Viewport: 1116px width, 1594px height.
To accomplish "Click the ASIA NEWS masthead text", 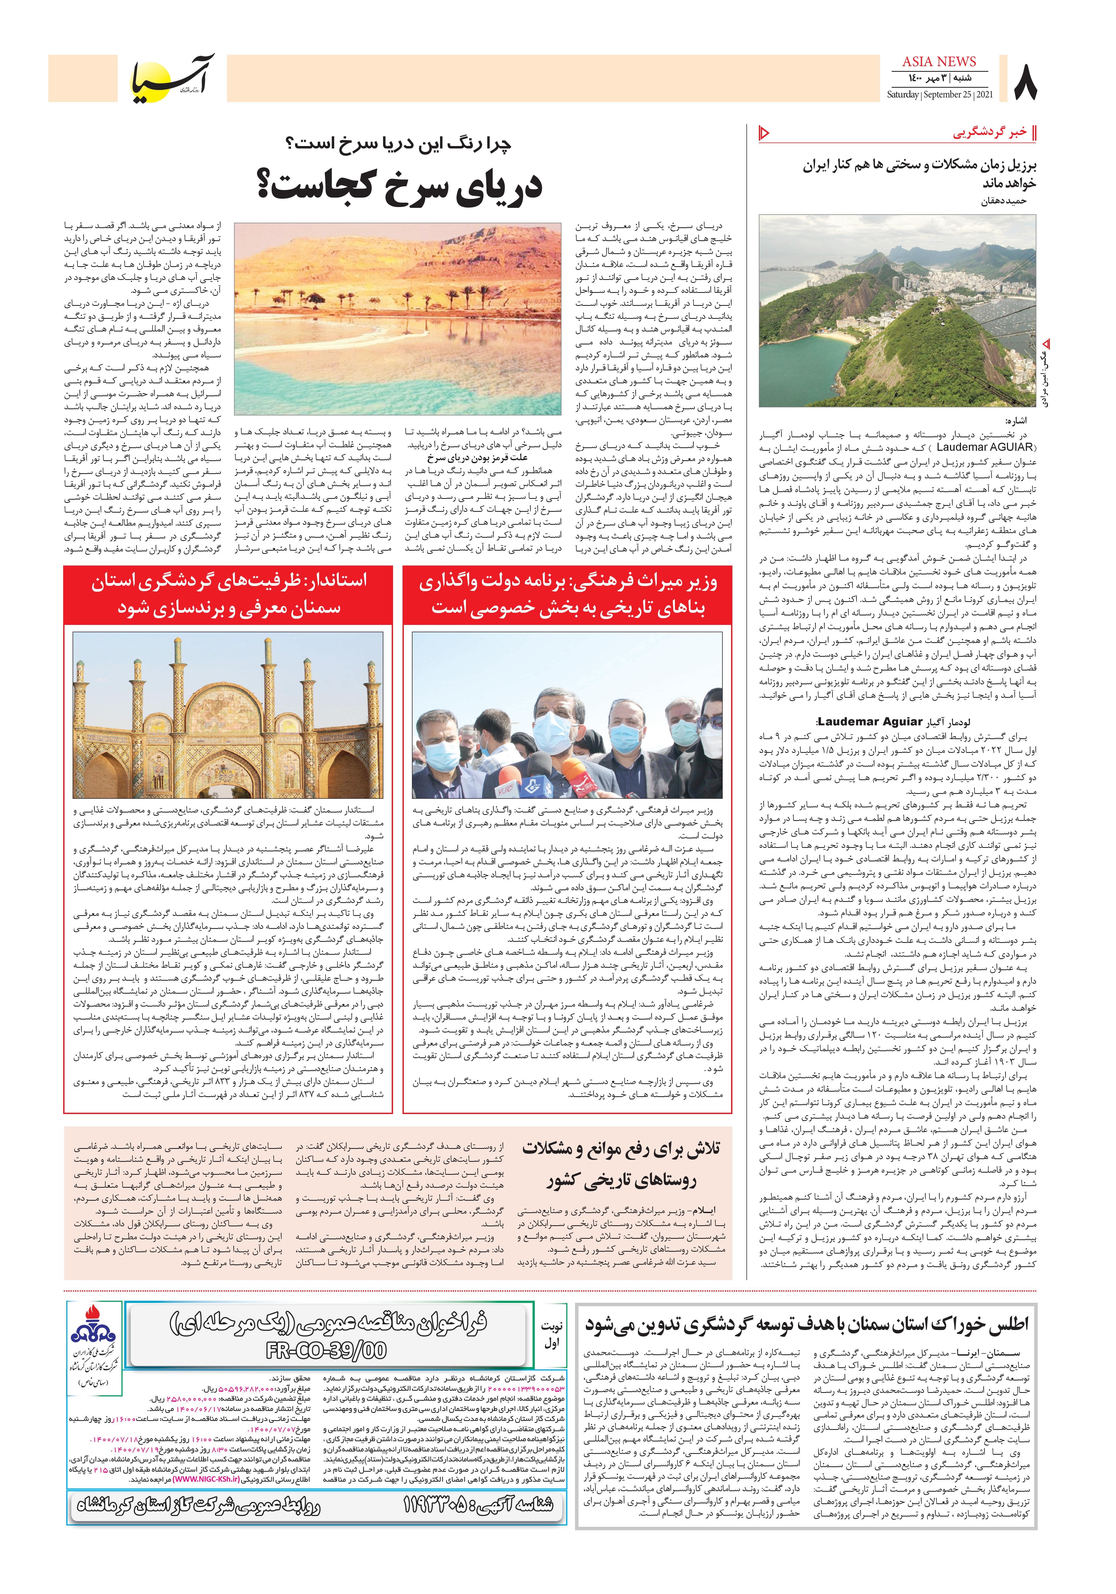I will tap(940, 62).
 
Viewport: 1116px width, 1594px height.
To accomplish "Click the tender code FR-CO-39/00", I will tap(326, 1350).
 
